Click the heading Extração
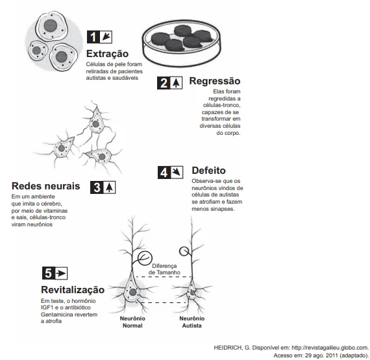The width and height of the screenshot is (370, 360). pos(107,54)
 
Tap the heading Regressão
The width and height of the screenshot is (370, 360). pos(215,81)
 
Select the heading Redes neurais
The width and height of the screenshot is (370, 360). pos(46,186)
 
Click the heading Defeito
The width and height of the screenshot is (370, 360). pos(208,171)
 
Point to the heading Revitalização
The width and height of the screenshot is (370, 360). pos(73,290)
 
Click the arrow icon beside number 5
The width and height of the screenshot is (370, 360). pos(61,273)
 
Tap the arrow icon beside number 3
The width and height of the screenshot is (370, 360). pos(109,187)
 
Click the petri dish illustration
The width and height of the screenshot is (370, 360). pos(182,43)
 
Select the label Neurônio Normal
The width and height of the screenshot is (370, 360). pos(132,322)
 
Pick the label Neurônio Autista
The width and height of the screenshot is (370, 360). pos(192,322)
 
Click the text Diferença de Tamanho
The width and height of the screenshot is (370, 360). pos(164,269)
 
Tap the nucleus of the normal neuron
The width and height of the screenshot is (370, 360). pos(133,293)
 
